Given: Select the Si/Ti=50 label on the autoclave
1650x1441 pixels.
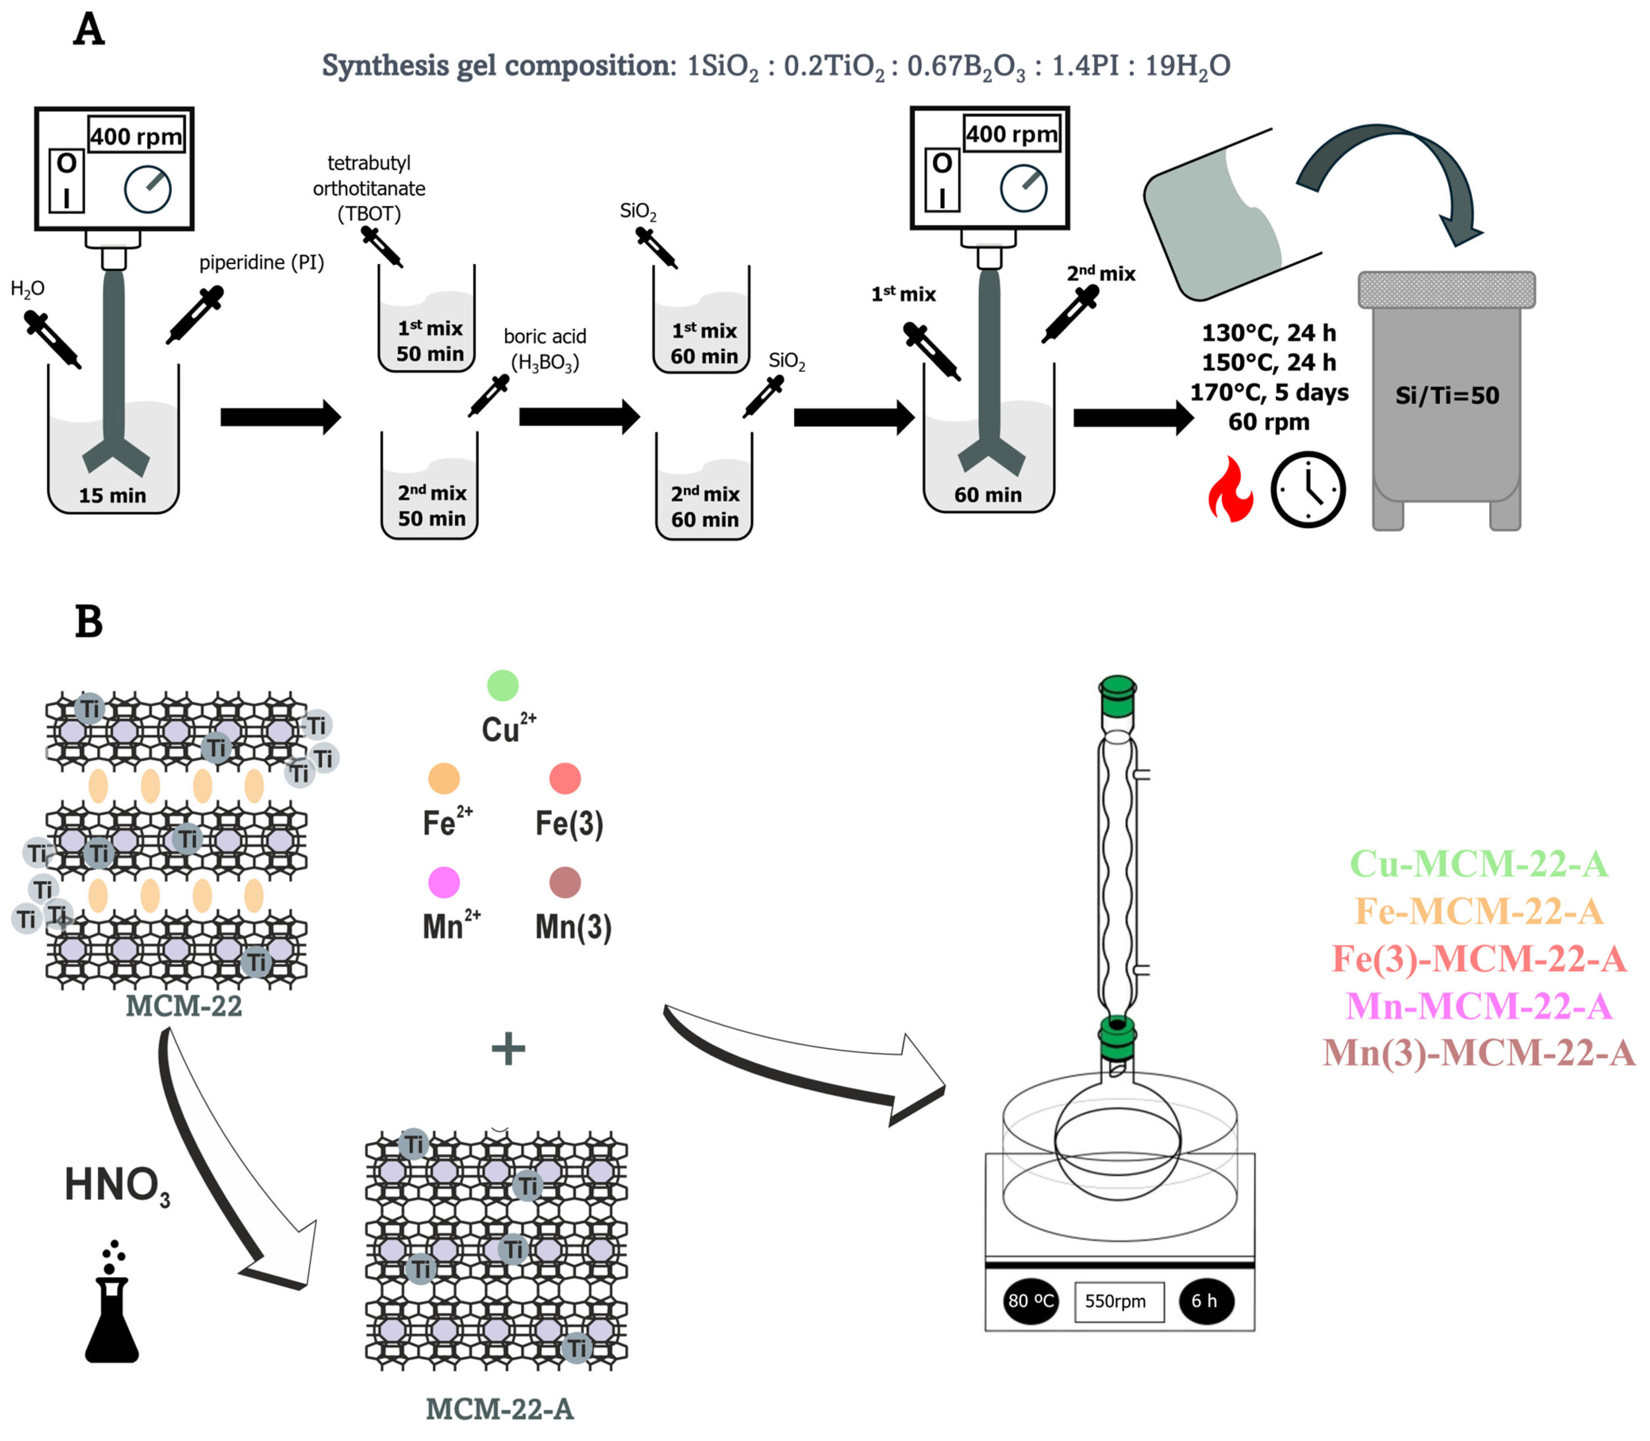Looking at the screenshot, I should coord(1446,395).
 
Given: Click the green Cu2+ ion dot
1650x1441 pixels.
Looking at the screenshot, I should coord(503,686).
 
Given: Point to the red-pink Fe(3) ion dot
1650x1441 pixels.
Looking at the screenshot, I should coord(565,778).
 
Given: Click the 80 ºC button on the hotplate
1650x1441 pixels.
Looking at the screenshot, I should coord(1031,1301).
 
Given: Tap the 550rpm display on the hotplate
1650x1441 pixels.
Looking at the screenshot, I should coord(1118,1301).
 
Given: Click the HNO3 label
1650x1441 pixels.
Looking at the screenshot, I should coord(117,1185).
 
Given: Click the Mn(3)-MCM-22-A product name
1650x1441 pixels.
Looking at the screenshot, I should coord(1479,1053).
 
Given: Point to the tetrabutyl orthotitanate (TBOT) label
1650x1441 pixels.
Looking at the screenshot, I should coord(369,188).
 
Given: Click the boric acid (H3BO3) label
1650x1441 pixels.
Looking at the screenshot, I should coord(544,349).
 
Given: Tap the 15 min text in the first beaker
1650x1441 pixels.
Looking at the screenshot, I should coord(113,495).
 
